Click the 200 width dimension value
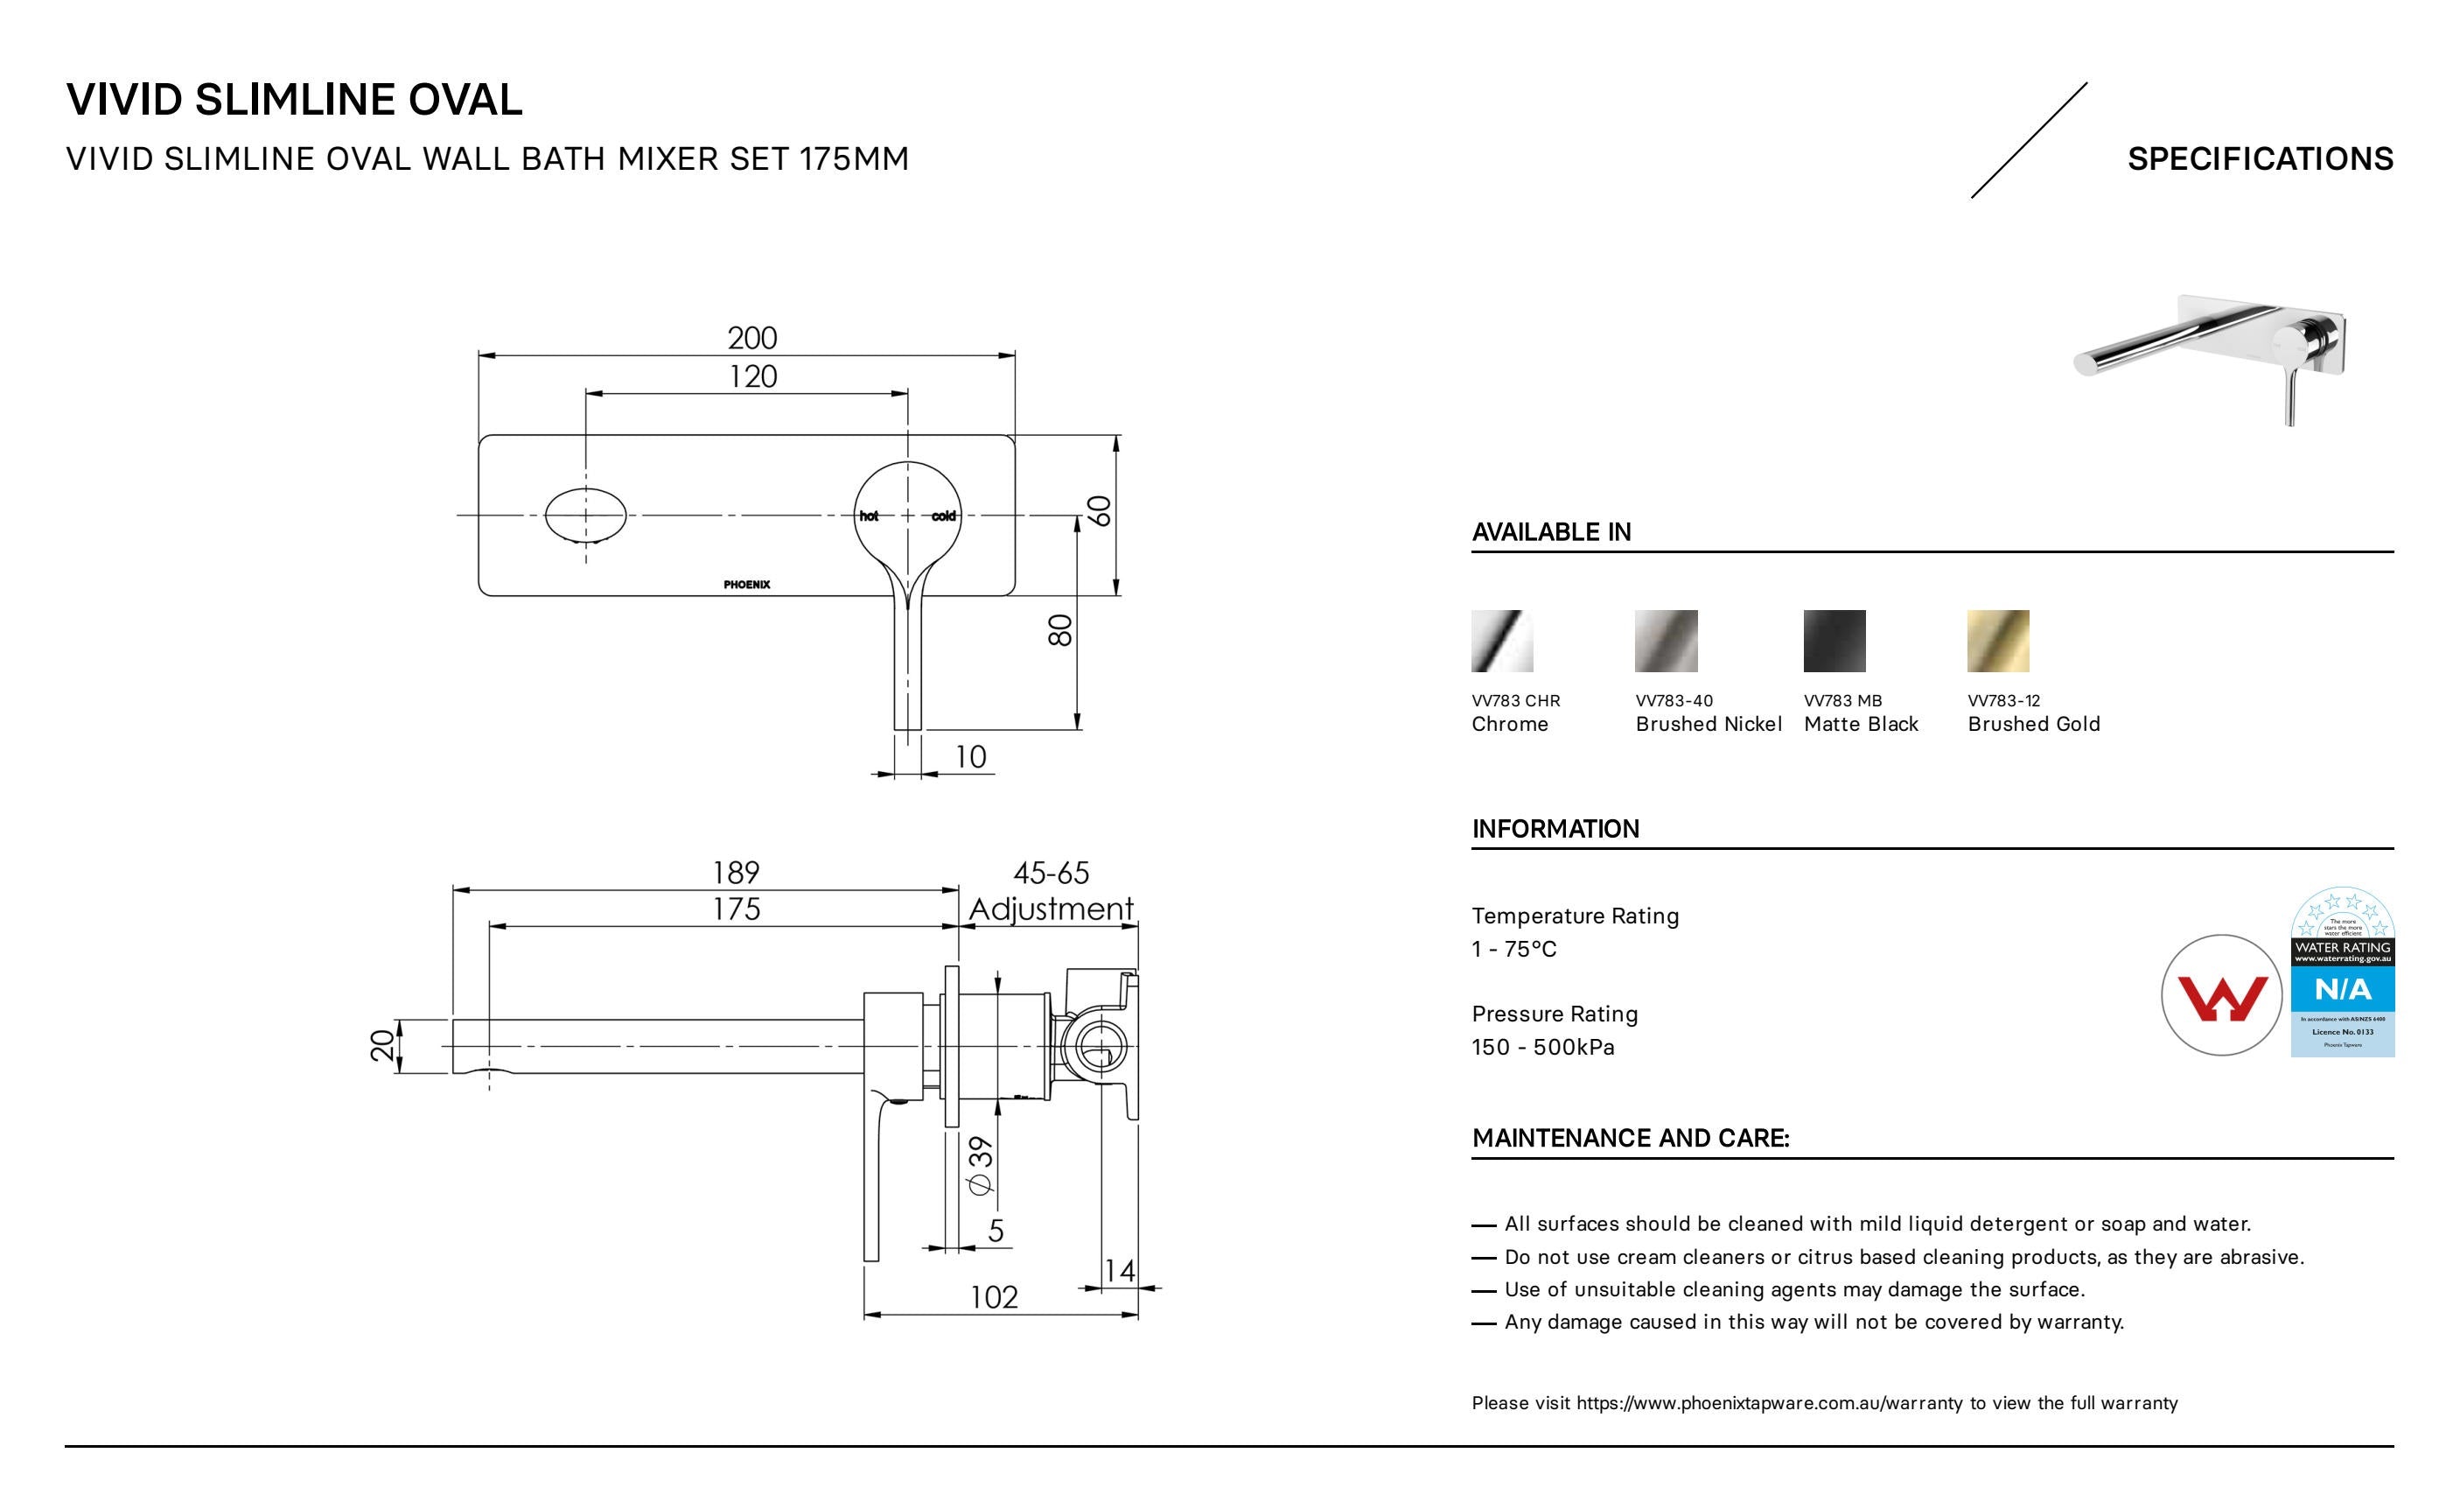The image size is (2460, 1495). pyautogui.click(x=751, y=339)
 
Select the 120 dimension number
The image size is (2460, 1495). pyautogui.click(x=751, y=376)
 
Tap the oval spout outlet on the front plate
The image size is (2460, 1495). pyautogui.click(x=586, y=516)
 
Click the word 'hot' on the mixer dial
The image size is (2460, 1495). pyautogui.click(x=869, y=516)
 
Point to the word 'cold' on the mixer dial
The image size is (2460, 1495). pyautogui.click(x=943, y=516)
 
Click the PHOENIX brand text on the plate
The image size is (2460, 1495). pyautogui.click(x=747, y=584)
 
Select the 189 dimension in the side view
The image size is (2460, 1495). pyautogui.click(x=736, y=873)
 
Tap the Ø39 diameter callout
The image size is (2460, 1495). pyautogui.click(x=981, y=1165)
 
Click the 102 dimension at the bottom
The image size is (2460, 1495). pyautogui.click(x=995, y=1297)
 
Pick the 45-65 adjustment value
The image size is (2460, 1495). pyautogui.click(x=1052, y=873)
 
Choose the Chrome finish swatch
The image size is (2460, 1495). pyautogui.click(x=1501, y=641)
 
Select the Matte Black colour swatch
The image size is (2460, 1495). pyautogui.click(x=1834, y=641)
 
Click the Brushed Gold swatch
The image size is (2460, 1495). pyautogui.click(x=1998, y=641)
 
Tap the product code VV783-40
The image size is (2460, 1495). pyautogui.click(x=1674, y=701)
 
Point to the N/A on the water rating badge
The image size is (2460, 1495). pyautogui.click(x=2342, y=990)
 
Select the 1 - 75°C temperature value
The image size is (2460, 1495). pyautogui.click(x=1513, y=949)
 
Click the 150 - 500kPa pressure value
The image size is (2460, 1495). pyautogui.click(x=1542, y=1047)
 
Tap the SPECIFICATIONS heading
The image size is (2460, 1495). pyautogui.click(x=2260, y=158)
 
